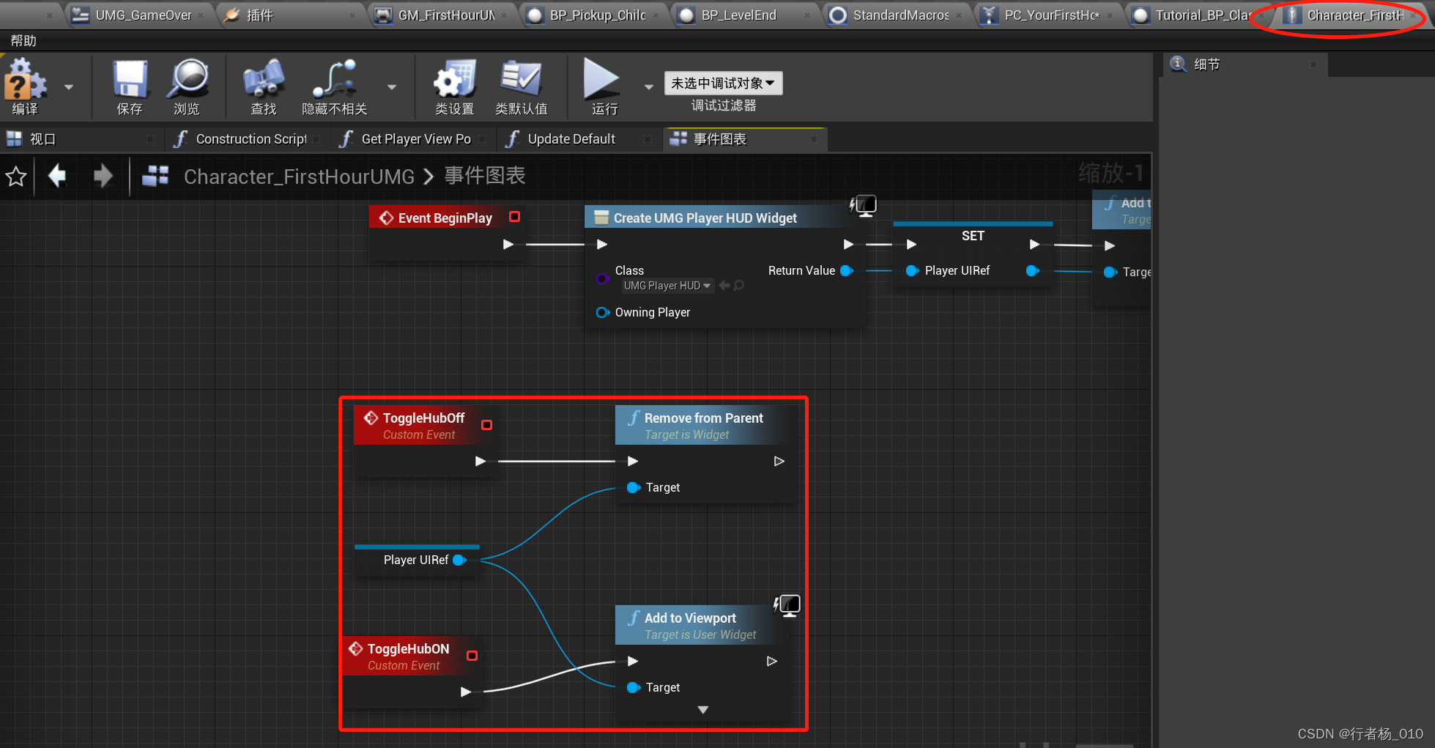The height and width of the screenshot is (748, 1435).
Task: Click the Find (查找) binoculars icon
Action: [263, 80]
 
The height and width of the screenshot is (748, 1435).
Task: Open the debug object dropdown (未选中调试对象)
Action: [723, 84]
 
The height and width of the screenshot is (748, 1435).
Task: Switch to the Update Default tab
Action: [571, 139]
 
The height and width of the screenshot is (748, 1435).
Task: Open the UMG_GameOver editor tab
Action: [143, 15]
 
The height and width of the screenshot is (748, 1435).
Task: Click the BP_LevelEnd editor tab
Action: [738, 15]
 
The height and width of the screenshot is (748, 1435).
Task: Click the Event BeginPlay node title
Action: [445, 218]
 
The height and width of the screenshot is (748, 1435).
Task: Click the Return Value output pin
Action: [847, 271]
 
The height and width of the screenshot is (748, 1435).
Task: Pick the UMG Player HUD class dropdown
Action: [667, 286]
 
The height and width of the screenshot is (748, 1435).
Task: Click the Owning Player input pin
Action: [602, 313]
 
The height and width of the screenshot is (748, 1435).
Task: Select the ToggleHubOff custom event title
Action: [423, 418]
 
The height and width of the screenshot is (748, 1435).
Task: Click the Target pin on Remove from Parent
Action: [634, 488]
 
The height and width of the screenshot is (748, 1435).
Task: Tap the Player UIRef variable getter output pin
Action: [460, 560]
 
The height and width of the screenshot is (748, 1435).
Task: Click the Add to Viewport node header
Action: [690, 618]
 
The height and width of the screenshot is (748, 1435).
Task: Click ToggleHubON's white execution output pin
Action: [466, 692]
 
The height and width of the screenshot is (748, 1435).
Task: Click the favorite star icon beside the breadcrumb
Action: [16, 177]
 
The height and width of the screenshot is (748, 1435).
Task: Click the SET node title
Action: [973, 236]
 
